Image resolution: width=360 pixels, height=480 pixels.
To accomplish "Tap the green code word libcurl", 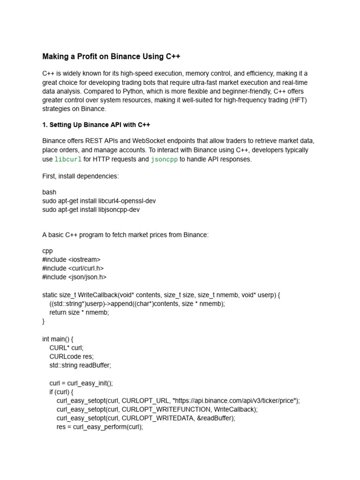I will click(68, 159).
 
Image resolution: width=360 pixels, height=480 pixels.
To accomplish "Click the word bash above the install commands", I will click(49, 192).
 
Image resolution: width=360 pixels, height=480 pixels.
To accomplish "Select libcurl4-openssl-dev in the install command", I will click(127, 201).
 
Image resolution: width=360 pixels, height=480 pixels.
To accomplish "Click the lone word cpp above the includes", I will click(47, 251).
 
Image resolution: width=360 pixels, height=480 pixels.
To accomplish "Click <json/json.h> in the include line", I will click(87, 277).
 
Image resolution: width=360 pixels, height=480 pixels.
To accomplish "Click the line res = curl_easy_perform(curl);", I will click(100, 427).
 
